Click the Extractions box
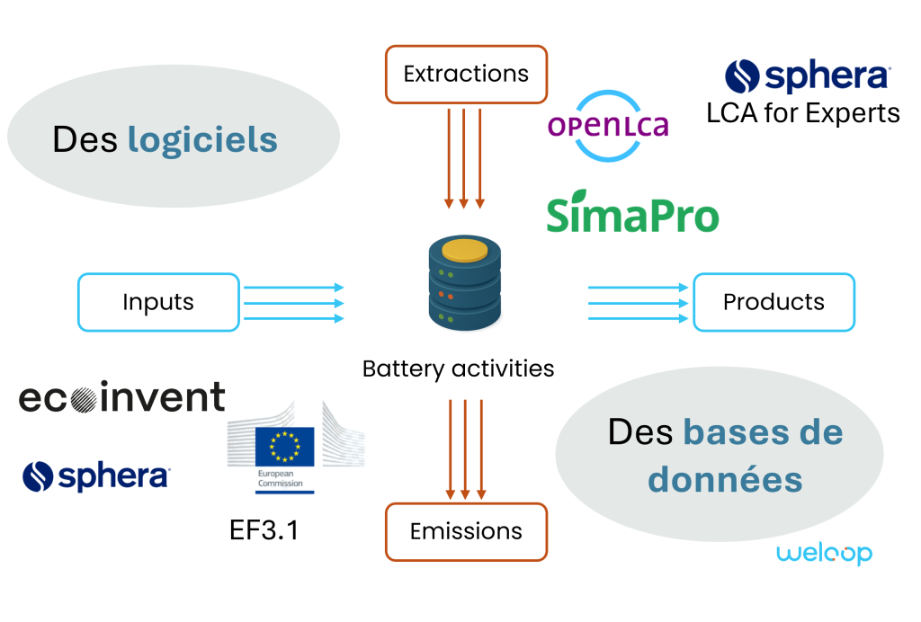pos(466,74)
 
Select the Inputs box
pos(158,302)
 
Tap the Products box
pos(773,302)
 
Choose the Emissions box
pos(466,531)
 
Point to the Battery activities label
pos(459,369)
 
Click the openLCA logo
pos(609,126)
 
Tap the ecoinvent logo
pos(122,397)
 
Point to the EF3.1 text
pos(264,530)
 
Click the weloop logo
pos(824,553)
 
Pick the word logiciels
pos(202,140)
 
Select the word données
pos(725,479)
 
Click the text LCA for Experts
pos(803,113)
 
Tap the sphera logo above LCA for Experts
pos(808,76)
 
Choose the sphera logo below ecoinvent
pos(96,476)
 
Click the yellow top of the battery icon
pos(463,248)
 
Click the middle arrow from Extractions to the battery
pos(464,157)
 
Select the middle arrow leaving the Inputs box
pos(294,303)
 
